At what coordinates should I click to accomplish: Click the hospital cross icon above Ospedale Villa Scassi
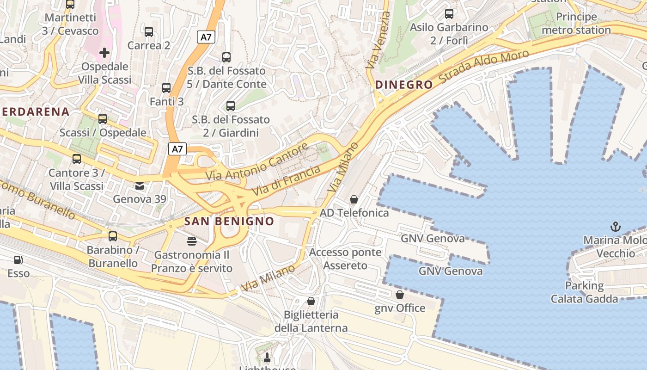click(104, 52)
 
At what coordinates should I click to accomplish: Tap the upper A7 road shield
click(206, 37)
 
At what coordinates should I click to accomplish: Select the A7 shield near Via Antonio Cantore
click(178, 149)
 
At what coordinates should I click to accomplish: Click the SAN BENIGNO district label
click(229, 221)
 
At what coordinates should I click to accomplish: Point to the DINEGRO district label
click(404, 85)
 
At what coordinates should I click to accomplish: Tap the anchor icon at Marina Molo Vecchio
click(615, 226)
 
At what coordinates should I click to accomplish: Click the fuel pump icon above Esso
click(18, 260)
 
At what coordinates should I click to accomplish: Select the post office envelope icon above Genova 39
click(139, 186)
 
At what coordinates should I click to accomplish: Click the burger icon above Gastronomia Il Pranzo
click(192, 241)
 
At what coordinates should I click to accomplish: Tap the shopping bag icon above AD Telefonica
click(354, 199)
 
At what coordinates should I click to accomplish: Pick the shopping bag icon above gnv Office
click(400, 294)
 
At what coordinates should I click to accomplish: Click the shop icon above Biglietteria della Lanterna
click(311, 301)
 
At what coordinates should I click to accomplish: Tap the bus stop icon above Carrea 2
click(149, 32)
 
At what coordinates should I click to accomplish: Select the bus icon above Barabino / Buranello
click(113, 236)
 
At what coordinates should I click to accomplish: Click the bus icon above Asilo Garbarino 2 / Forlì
click(449, 14)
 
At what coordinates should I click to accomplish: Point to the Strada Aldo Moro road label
click(483, 67)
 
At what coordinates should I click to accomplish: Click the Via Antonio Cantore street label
click(257, 162)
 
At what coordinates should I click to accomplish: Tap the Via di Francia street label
click(287, 180)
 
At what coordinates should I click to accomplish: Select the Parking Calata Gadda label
click(584, 292)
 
